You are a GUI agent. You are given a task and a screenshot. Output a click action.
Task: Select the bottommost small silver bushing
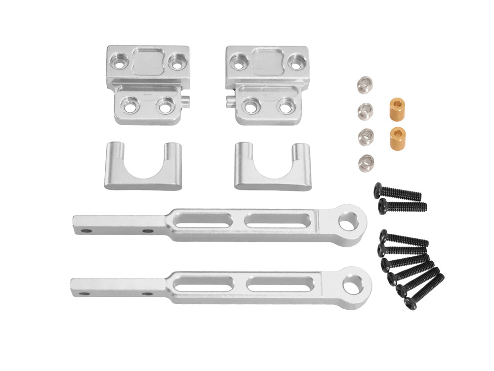[366, 161]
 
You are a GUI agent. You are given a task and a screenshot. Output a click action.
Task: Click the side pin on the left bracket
[186, 100]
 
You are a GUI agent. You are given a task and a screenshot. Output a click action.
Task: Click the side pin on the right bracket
[230, 101]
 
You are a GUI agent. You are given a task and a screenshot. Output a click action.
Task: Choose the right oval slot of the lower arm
[280, 284]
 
